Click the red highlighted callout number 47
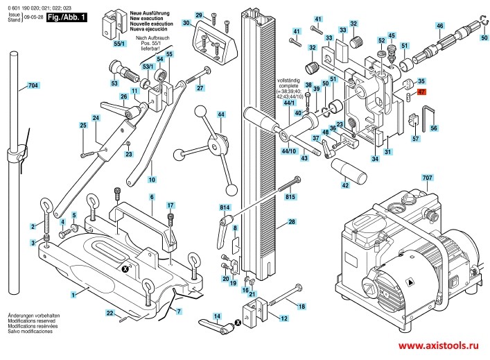[x=422, y=92]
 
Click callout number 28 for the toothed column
[x=292, y=222]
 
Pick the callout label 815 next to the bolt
[x=290, y=198]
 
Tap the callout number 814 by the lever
[x=225, y=207]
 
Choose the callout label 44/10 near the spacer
[x=289, y=151]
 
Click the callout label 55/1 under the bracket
[x=119, y=44]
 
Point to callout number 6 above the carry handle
[x=151, y=198]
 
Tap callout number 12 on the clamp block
[x=283, y=318]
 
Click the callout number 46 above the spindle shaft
[x=439, y=26]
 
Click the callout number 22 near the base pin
[x=110, y=314]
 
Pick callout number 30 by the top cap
[x=186, y=23]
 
